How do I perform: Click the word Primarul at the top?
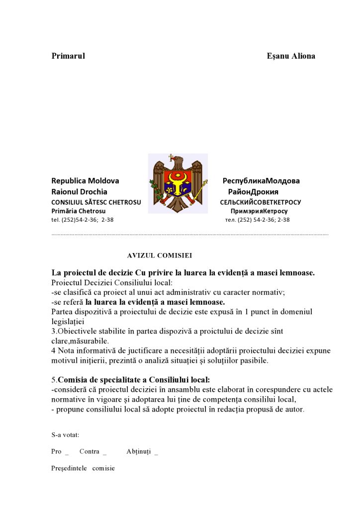[x=68, y=56]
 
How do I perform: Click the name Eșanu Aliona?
[x=291, y=56]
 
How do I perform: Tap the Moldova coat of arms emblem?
[x=178, y=184]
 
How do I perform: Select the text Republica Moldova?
[x=85, y=181]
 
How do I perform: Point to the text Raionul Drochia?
[x=79, y=192]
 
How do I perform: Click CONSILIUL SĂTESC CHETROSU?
[x=96, y=202]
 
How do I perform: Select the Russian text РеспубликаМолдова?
[x=261, y=181]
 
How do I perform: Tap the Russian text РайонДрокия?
[x=253, y=192]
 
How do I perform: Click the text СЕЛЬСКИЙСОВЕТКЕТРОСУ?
[x=261, y=202]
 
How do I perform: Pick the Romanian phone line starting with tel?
[x=82, y=220]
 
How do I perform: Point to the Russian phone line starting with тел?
[x=257, y=220]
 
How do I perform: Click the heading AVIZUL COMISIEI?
[x=160, y=255]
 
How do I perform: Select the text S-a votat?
[x=65, y=434]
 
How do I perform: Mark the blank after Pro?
[x=67, y=452]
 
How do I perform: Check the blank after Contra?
[x=104, y=452]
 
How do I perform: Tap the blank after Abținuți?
[x=156, y=452]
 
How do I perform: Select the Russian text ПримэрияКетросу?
[x=259, y=211]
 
